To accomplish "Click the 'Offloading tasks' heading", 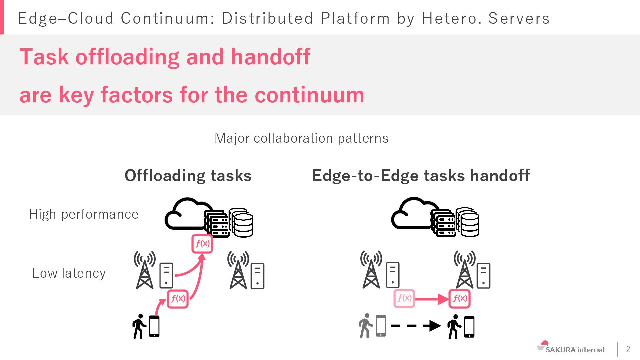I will pos(188,175).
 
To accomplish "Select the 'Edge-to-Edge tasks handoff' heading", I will pos(421,175).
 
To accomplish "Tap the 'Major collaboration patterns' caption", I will pos(301,138).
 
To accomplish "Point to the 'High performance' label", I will pos(83,214).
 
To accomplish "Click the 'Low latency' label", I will pos(69,273).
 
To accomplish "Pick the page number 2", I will pos(628,349).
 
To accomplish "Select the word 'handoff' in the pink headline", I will pos(270,57).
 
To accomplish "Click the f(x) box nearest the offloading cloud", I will pos(202,244).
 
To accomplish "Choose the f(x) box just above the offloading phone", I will pos(178,298).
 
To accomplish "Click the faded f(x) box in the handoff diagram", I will pos(404,298).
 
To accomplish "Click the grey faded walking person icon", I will pos(365,326).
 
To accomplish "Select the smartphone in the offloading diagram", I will pos(154,326).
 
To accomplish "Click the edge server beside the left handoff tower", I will pos(393,275).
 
